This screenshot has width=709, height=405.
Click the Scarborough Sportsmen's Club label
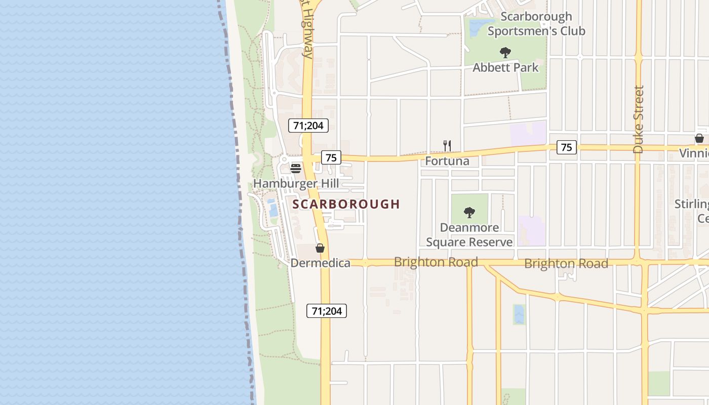pos(536,24)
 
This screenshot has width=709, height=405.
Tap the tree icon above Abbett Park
pos(505,52)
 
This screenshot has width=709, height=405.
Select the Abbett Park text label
pos(505,67)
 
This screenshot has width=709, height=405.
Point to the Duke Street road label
pos(638,119)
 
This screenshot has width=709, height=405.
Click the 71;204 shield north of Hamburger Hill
pos(308,126)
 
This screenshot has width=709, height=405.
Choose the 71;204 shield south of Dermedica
pos(327,311)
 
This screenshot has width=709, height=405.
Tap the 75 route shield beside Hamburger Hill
pos(331,157)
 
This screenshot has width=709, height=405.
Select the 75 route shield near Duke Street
pos(566,147)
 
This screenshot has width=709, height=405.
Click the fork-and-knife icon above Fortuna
pos(447,146)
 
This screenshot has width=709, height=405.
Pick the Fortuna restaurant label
pos(447,161)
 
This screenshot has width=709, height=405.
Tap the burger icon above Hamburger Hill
pos(296,168)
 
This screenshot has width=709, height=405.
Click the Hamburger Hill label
pos(296,183)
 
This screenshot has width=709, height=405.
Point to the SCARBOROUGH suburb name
pos(346,204)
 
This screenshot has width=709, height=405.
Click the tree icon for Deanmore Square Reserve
pos(469,212)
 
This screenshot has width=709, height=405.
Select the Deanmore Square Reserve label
pos(469,235)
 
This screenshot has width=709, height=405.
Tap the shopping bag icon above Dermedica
pos(320,248)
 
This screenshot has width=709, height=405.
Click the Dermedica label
pos(320,263)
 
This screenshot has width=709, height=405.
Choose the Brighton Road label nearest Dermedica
pos(436,262)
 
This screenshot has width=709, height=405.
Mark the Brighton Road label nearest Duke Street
pos(566,264)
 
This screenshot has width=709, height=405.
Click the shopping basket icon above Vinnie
pos(699,138)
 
